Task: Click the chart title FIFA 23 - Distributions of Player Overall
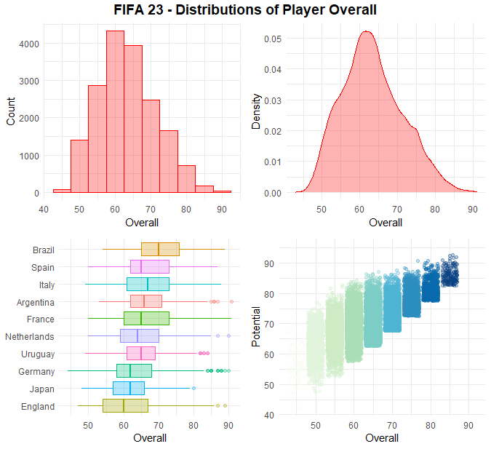245,10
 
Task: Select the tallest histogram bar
115,113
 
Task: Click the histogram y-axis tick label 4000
29,44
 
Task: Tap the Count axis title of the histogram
11,111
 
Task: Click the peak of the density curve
366,31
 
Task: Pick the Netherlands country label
30,337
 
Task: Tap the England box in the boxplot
126,405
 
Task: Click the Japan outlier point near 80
193,389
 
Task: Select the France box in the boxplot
146,319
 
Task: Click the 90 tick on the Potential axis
268,263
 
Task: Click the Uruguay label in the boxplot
39,354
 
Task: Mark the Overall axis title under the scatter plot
382,438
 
